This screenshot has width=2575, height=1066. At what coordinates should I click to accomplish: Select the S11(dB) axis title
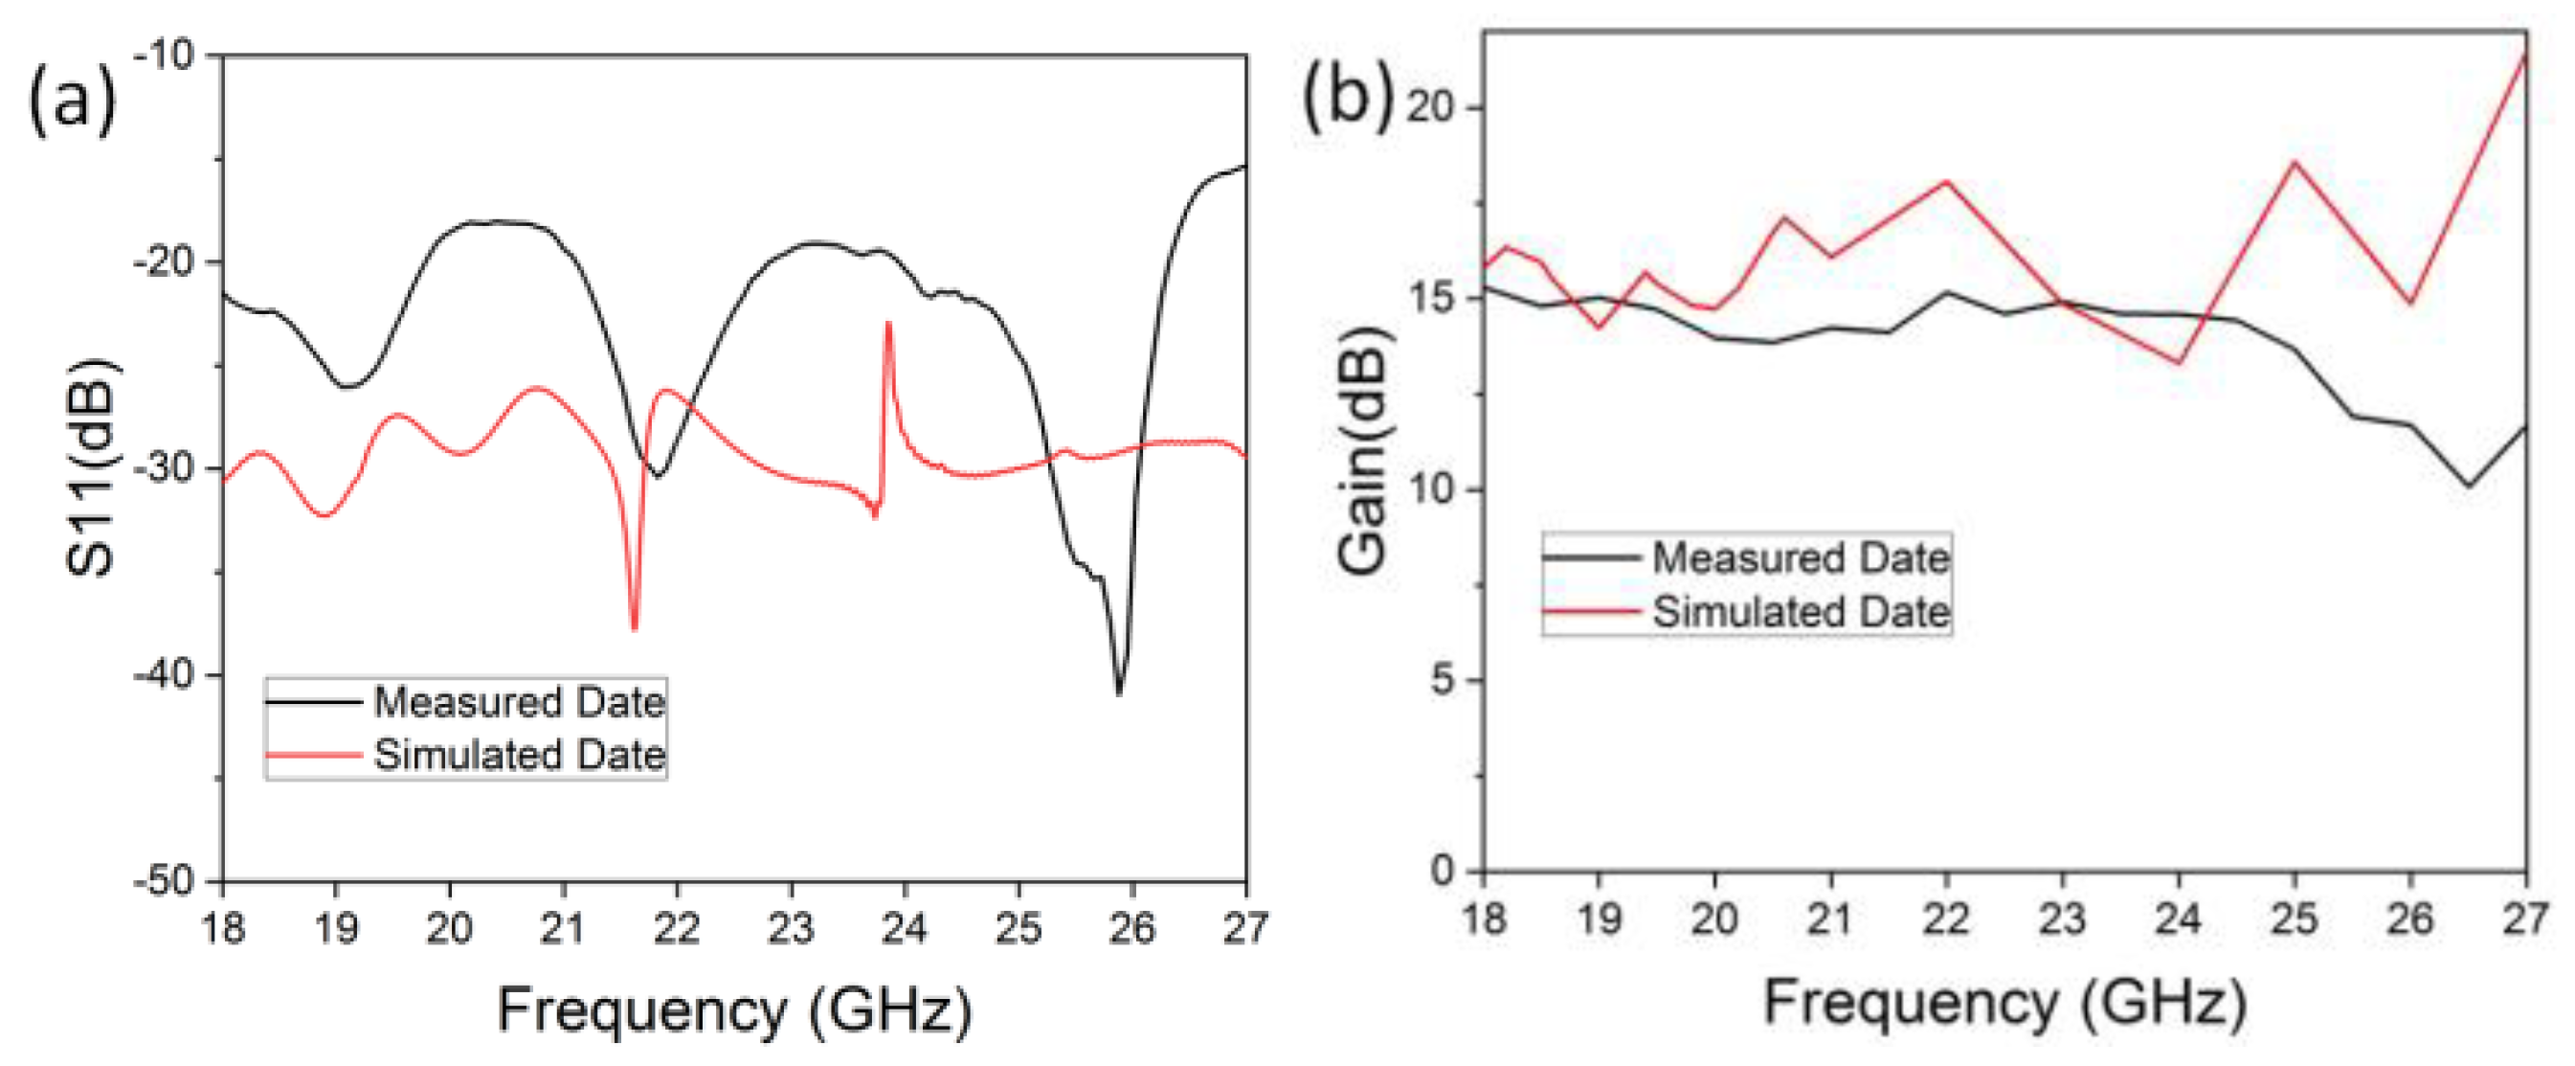91,467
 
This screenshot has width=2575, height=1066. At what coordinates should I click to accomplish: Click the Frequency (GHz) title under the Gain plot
2004,1002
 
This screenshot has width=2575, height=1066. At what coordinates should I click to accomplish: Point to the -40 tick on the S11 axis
164,675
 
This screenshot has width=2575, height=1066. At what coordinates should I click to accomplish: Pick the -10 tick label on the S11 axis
164,55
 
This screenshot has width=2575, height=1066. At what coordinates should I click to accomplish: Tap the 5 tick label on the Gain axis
1443,680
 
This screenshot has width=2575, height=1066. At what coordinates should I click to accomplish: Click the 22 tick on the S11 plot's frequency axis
677,928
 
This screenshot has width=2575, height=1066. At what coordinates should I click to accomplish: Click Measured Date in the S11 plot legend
519,702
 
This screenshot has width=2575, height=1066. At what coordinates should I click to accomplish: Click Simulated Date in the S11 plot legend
519,754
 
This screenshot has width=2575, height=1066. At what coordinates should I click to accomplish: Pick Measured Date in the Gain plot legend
1800,557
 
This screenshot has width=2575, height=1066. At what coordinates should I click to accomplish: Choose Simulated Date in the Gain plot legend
1800,611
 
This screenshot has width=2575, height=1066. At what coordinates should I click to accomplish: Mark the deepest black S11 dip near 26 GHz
1119,693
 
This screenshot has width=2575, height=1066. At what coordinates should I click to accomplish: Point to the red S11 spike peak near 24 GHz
887,325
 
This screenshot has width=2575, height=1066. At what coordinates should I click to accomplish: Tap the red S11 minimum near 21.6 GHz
635,627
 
